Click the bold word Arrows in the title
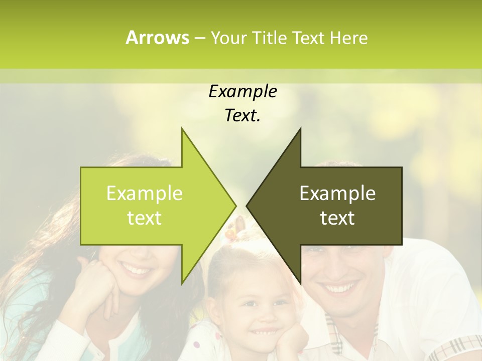pyautogui.click(x=157, y=38)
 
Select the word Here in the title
pyautogui.click(x=348, y=38)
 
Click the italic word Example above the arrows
pyautogui.click(x=243, y=91)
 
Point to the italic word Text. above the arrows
pyautogui.click(x=243, y=116)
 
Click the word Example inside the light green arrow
pyautogui.click(x=145, y=194)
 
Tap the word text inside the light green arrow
pyautogui.click(x=145, y=218)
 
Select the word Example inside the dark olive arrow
pyautogui.click(x=337, y=194)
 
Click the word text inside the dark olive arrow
pyautogui.click(x=337, y=218)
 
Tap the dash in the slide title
pyautogui.click(x=199, y=38)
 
